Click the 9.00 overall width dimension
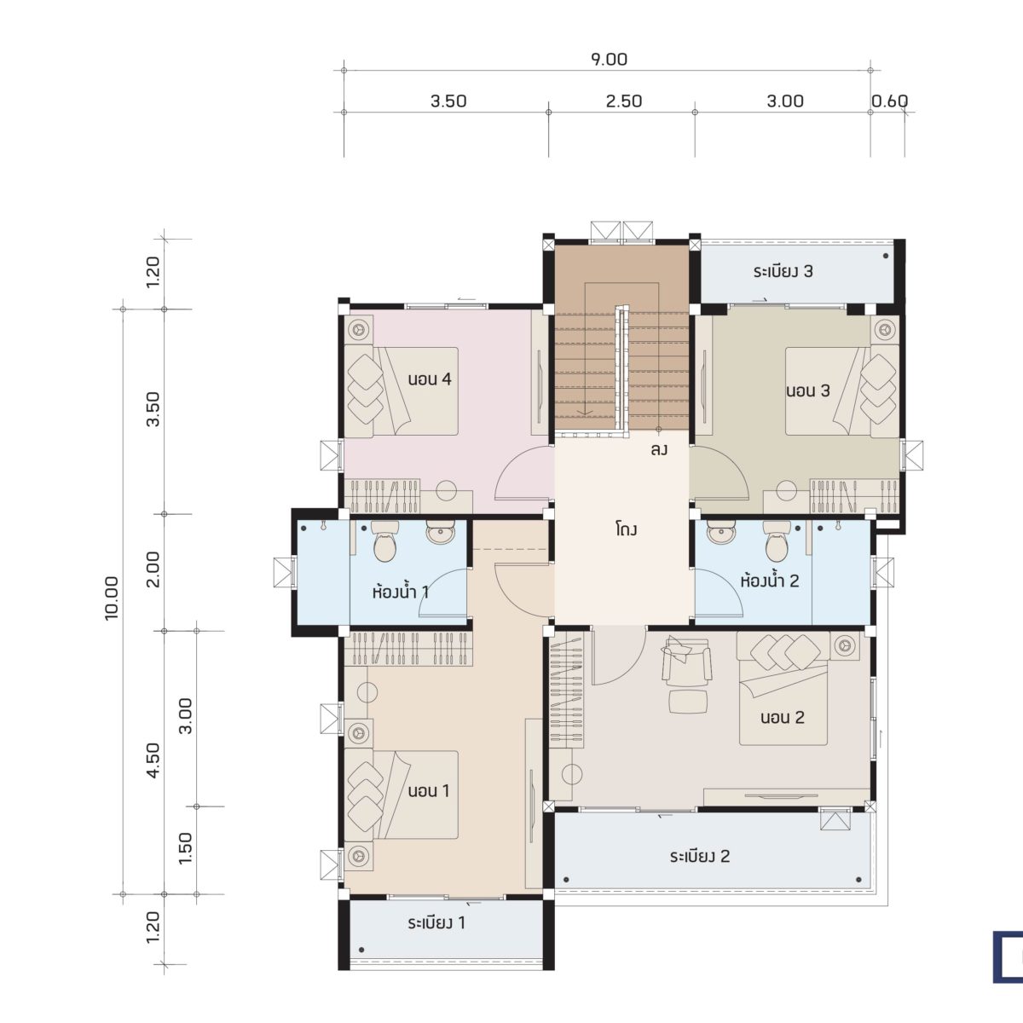pyautogui.click(x=608, y=60)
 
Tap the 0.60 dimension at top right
pyautogui.click(x=889, y=101)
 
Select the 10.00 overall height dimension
pyautogui.click(x=113, y=598)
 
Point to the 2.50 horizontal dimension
pyautogui.click(x=623, y=101)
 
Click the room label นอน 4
pyautogui.click(x=429, y=379)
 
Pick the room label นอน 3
pyautogui.click(x=807, y=391)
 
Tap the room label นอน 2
pyautogui.click(x=782, y=717)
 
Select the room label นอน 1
pyautogui.click(x=428, y=790)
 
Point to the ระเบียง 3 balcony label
pyautogui.click(x=783, y=272)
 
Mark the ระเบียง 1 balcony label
pyautogui.click(x=436, y=922)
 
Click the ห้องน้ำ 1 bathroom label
pyautogui.click(x=400, y=591)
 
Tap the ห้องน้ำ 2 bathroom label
pyautogui.click(x=770, y=581)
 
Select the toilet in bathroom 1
pyautogui.click(x=386, y=542)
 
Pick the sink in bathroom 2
pyautogui.click(x=721, y=534)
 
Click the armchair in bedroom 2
pyautogui.click(x=686, y=662)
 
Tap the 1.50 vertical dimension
pyautogui.click(x=186, y=848)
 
